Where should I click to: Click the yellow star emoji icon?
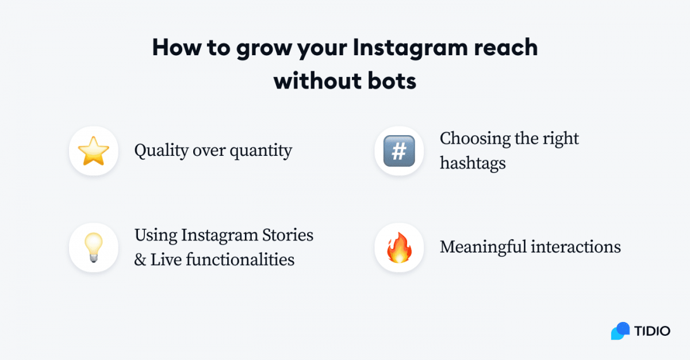point(93,151)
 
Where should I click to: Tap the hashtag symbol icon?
point(399,151)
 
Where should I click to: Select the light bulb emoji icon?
point(93,248)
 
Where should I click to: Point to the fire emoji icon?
point(399,248)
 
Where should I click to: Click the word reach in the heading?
point(506,48)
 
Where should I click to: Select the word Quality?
point(162,151)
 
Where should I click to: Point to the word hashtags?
point(473,163)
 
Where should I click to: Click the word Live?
point(166,259)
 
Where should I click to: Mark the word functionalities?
point(241,259)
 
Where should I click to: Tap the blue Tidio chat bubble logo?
point(620,331)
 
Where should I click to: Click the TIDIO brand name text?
point(652,332)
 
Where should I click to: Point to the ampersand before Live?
point(140,260)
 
